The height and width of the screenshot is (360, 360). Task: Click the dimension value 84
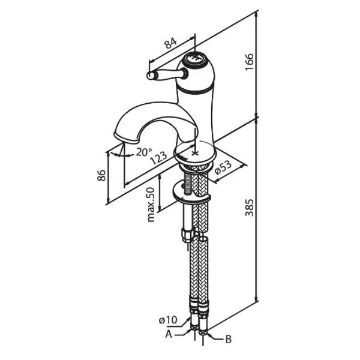tap(171, 44)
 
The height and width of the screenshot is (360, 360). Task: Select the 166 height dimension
tap(249, 62)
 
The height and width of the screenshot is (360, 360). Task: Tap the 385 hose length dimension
tap(250, 208)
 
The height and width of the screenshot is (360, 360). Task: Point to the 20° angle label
tap(144, 152)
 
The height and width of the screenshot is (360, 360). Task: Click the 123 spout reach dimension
tap(158, 158)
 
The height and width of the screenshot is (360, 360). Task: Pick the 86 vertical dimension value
tap(101, 176)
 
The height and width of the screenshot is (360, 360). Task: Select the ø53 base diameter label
tap(223, 167)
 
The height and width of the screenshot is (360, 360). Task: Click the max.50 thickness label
tap(151, 205)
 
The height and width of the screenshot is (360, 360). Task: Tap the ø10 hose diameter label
tap(168, 320)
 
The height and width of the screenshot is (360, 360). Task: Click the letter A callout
tap(169, 335)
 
